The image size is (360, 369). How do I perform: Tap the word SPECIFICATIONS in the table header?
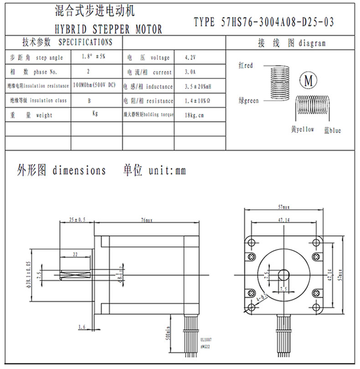tap(85, 43)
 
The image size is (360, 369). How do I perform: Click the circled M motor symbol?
tap(309, 81)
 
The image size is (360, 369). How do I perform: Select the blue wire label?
tap(333, 130)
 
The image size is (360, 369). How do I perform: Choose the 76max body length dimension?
tap(147, 220)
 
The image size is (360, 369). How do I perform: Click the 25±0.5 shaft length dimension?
tap(77, 220)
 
